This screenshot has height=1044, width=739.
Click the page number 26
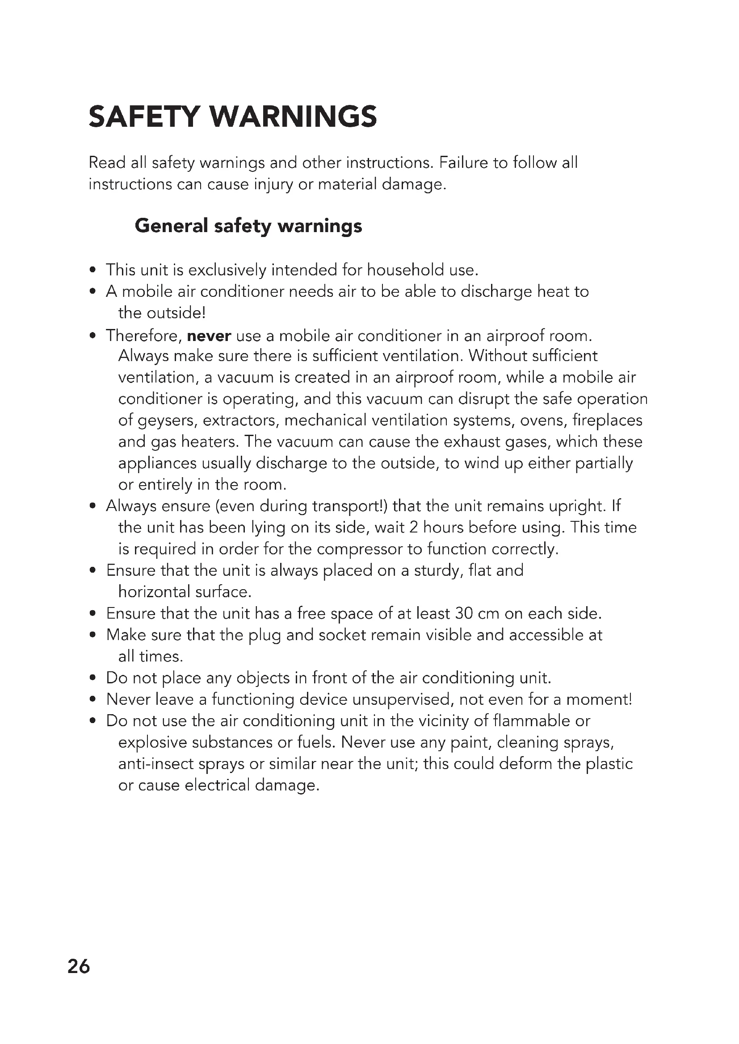point(79,966)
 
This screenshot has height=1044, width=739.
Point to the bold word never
point(209,336)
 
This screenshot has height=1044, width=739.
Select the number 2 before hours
point(414,528)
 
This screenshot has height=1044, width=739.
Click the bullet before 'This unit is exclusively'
point(93,270)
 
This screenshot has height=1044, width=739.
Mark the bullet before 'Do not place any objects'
point(93,678)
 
